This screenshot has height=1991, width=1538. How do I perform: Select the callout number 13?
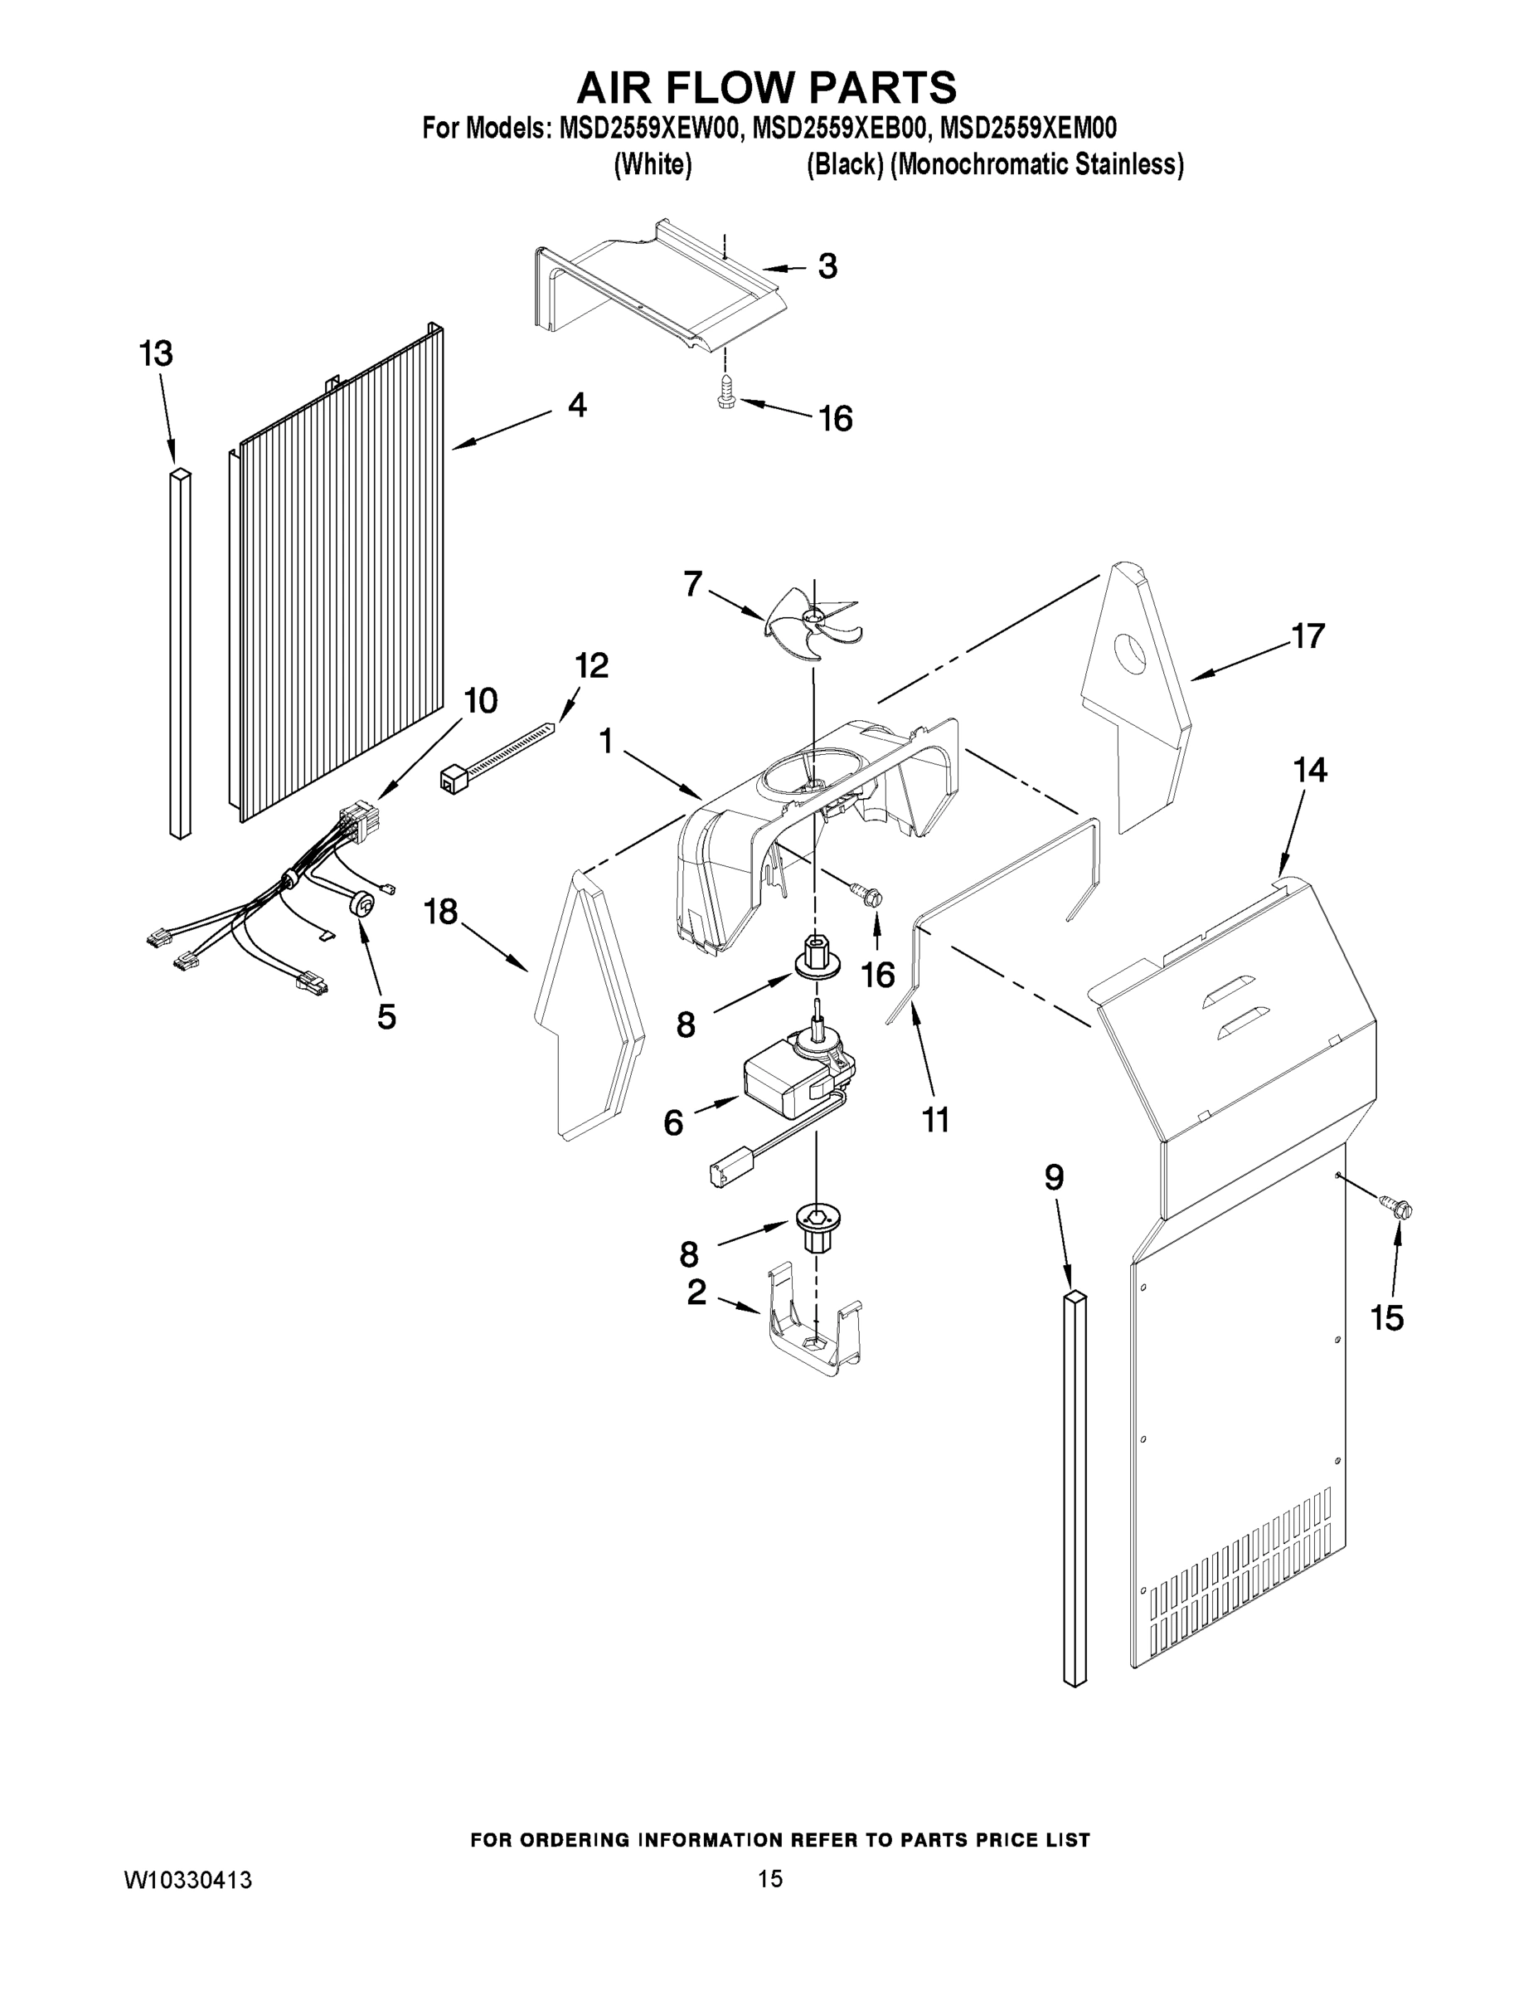(156, 353)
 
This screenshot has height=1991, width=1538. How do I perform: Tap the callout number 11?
(936, 1119)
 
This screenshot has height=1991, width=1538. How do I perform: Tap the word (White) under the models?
(653, 165)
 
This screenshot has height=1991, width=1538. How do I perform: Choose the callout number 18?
(441, 911)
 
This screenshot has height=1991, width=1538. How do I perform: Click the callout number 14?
(1309, 771)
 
